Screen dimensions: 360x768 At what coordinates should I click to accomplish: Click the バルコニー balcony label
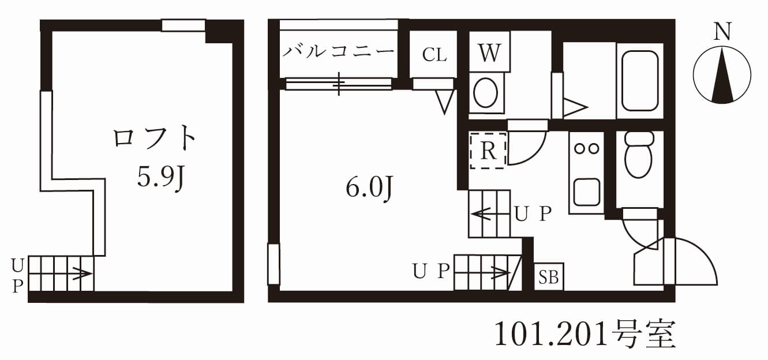[339, 52]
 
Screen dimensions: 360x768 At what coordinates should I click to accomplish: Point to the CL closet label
[434, 55]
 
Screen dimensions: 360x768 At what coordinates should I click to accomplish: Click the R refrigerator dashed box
[488, 151]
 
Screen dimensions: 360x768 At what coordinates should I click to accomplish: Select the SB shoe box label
[549, 277]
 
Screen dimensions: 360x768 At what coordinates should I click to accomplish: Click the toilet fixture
[639, 155]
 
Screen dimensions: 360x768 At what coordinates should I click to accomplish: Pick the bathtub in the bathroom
[640, 80]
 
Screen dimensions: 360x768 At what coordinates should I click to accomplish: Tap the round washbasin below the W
[486, 92]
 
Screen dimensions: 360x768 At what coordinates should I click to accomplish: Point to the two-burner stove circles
[586, 148]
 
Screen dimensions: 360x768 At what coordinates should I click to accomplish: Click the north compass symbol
[722, 75]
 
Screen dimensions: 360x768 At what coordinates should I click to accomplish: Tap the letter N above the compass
[722, 32]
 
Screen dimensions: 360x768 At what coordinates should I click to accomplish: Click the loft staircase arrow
[80, 273]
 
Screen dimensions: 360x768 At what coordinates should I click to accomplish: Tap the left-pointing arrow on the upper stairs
[482, 215]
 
